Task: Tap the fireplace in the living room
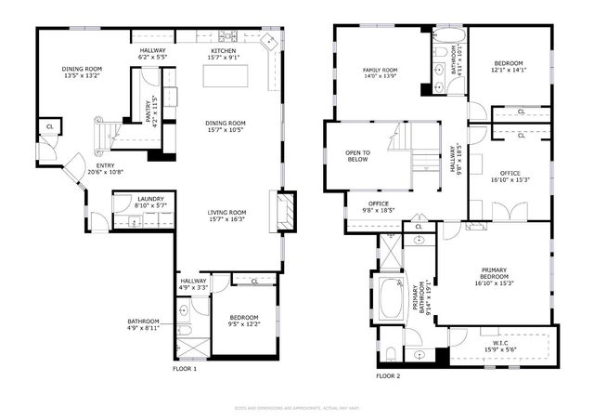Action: pyautogui.click(x=286, y=210)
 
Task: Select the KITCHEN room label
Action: pyautogui.click(x=224, y=50)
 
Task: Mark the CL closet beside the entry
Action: pyautogui.click(x=48, y=125)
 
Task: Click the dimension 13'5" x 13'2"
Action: pyautogui.click(x=81, y=76)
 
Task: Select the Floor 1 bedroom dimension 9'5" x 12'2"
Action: pyautogui.click(x=244, y=323)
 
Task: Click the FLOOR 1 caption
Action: pyautogui.click(x=186, y=369)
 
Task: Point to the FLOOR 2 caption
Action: pyautogui.click(x=388, y=376)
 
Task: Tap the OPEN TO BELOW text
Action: pyautogui.click(x=358, y=155)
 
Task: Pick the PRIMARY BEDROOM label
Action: pyautogui.click(x=494, y=273)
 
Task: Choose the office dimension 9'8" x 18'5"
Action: pyautogui.click(x=378, y=210)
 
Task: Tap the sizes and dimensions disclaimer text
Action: pyautogui.click(x=297, y=408)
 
